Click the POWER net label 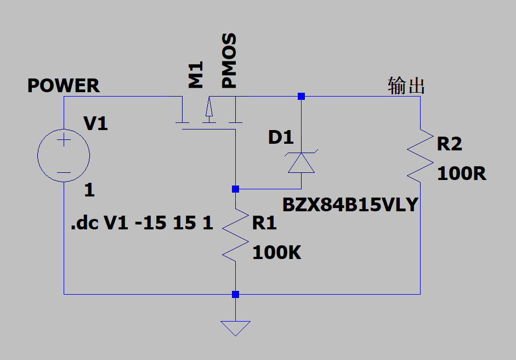(63, 86)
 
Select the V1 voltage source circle (37, 155)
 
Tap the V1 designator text (95, 123)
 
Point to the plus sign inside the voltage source (64, 140)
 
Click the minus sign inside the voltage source (64, 172)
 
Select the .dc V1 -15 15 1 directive (142, 223)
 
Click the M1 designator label (195, 75)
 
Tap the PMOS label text (229, 60)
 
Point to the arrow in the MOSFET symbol (209, 106)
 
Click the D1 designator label (281, 137)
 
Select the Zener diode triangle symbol (302, 162)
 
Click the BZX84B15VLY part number (350, 205)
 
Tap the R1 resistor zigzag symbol (235, 235)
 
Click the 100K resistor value (277, 252)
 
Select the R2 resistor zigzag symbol (420, 155)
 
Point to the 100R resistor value (461, 173)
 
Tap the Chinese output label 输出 (406, 86)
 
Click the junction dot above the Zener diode (301, 96)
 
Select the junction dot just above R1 (235, 189)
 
